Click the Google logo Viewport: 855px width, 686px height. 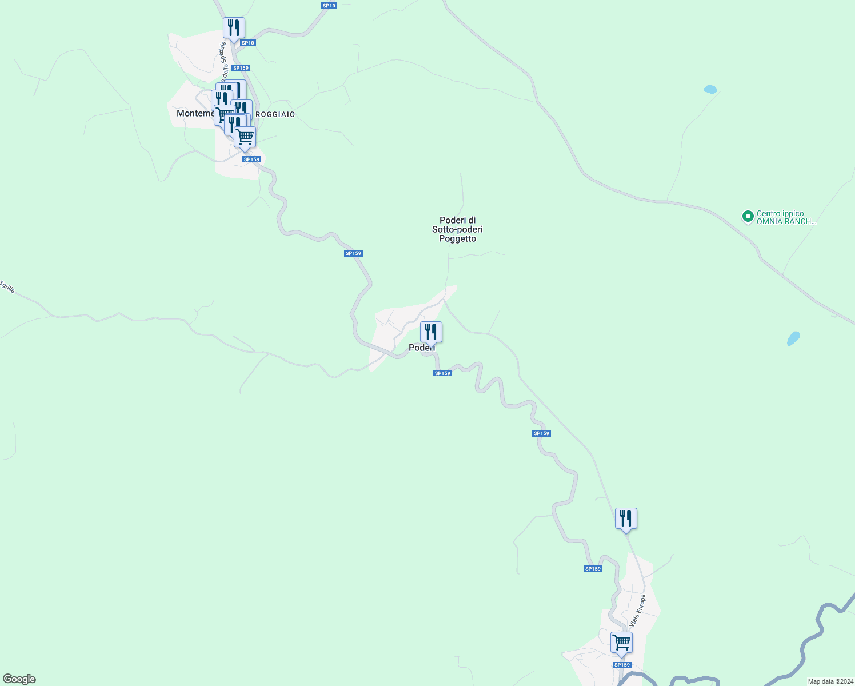click(x=19, y=679)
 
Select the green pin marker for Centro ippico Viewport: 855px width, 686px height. click(x=748, y=217)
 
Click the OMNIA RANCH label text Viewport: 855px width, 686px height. click(x=786, y=222)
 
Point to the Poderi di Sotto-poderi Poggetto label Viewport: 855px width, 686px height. click(x=457, y=229)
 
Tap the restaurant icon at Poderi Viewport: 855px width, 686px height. click(x=431, y=332)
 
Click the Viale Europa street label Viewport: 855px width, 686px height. click(x=637, y=610)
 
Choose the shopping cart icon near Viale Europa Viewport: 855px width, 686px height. click(x=621, y=642)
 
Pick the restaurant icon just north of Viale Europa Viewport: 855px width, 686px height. click(x=626, y=518)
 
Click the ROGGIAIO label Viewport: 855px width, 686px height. click(x=275, y=114)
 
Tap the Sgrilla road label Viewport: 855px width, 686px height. click(x=7, y=286)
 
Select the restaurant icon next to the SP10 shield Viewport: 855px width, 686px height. click(x=234, y=27)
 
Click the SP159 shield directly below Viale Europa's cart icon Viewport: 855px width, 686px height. click(x=622, y=665)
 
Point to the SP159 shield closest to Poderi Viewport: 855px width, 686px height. click(x=442, y=373)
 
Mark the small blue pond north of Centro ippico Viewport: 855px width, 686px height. click(x=710, y=89)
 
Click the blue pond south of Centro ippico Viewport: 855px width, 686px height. click(x=793, y=338)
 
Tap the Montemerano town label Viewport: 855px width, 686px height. click(x=195, y=113)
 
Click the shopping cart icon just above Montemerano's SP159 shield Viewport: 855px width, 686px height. click(x=245, y=137)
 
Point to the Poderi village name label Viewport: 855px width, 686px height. click(x=421, y=348)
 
